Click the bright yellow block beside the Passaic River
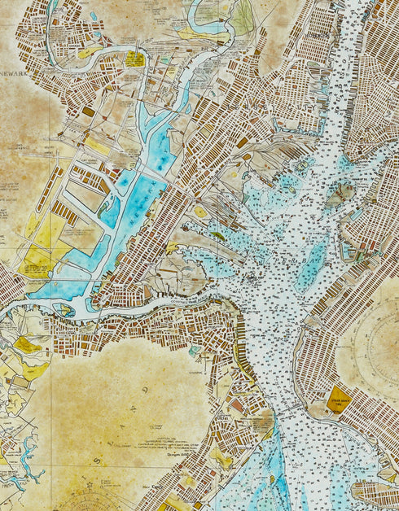[135, 59]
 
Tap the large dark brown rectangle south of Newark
[89, 111]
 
